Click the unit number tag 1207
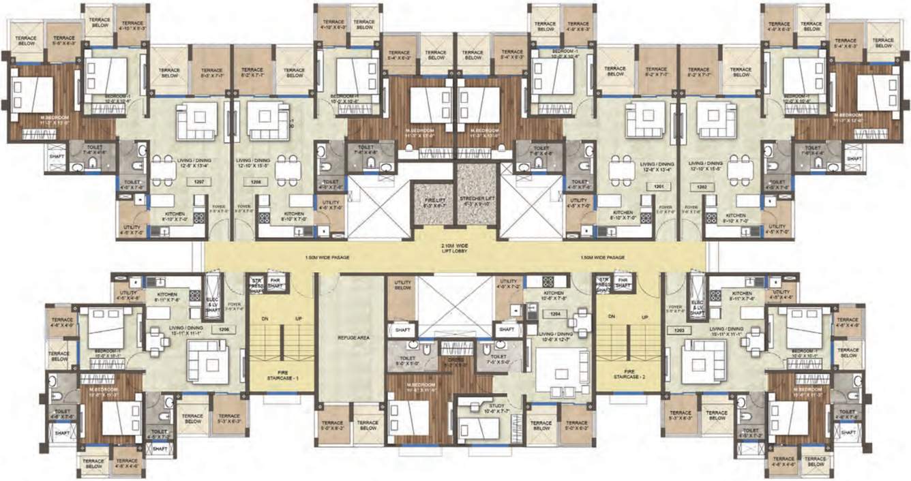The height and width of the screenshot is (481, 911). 199,182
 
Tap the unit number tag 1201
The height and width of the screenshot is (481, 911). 659,185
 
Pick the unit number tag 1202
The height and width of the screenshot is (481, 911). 712,186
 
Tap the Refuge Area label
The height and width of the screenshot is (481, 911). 353,337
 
